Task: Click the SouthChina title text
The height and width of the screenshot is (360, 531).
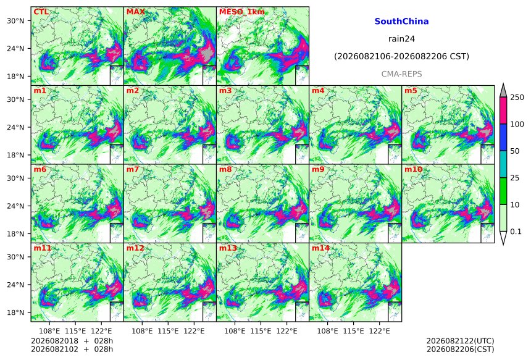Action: tap(401, 22)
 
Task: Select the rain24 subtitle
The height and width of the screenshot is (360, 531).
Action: tap(401, 39)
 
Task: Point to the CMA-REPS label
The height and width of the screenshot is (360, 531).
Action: tap(401, 74)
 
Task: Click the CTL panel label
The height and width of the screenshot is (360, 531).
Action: tap(41, 12)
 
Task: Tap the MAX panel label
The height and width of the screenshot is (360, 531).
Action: tap(135, 12)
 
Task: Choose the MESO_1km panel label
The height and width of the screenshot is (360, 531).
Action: tap(242, 12)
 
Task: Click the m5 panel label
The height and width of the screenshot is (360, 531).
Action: tap(411, 91)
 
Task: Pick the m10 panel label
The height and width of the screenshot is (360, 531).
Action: tap(414, 169)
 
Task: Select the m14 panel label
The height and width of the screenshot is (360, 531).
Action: tap(320, 248)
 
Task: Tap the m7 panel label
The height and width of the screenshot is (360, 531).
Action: tap(133, 169)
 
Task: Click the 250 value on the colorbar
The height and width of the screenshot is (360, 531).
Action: tap(517, 98)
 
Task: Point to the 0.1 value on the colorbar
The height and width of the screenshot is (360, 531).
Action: tap(516, 232)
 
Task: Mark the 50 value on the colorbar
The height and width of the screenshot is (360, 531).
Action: tap(515, 151)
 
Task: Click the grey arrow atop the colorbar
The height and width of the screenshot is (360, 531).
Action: tap(503, 90)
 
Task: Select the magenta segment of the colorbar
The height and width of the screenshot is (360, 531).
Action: tap(503, 111)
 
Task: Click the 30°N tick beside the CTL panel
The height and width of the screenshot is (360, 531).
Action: tap(15, 21)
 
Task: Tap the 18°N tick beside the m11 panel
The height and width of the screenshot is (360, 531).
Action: tap(15, 312)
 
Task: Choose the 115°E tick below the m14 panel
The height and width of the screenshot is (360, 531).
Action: tap(354, 330)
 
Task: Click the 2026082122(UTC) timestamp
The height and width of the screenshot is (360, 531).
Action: tap(460, 341)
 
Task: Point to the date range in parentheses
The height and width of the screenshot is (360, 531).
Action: tap(401, 56)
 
